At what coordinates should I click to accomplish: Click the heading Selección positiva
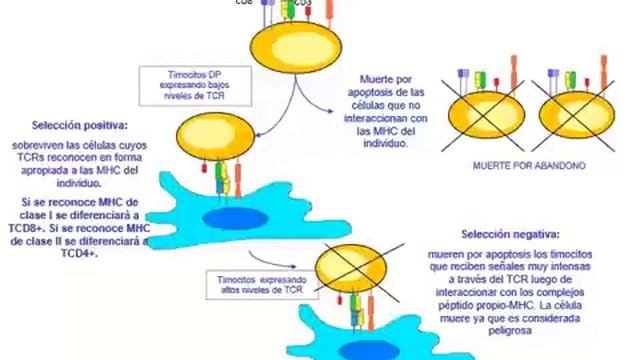(79, 125)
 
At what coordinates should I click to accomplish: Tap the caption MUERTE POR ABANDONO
(529, 166)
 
